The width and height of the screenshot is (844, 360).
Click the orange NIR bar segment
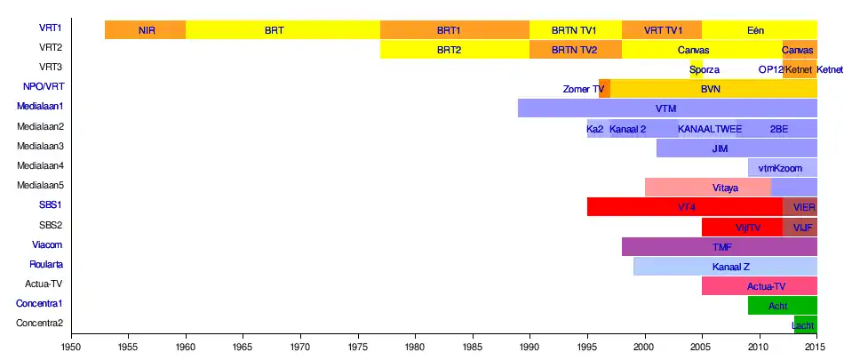click(146, 29)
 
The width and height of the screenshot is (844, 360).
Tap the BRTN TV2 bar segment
click(575, 50)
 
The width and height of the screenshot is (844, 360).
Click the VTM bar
click(666, 108)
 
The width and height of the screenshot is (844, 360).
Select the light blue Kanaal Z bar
click(730, 267)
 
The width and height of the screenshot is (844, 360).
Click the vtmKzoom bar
click(782, 168)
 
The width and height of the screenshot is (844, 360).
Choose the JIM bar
click(737, 148)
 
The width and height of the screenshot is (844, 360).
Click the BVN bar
click(711, 89)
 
